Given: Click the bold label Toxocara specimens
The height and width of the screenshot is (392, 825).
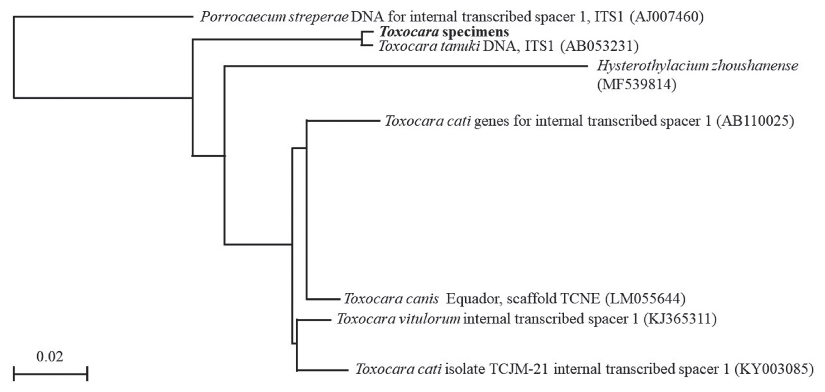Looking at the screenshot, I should click(444, 32).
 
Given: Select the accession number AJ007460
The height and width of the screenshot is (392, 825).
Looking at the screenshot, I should click(666, 17).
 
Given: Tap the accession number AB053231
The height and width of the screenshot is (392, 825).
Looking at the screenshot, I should click(599, 46).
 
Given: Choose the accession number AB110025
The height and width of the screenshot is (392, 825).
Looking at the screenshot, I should click(756, 121).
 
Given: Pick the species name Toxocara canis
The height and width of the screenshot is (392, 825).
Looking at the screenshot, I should click(391, 299).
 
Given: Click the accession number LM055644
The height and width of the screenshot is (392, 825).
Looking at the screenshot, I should click(645, 299).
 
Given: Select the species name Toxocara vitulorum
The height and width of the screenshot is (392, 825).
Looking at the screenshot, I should click(398, 319).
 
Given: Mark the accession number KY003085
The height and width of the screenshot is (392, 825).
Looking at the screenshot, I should click(774, 369).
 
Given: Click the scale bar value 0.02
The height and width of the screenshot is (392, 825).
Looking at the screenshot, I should click(50, 356).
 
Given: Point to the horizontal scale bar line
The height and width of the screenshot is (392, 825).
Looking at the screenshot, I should click(50, 374).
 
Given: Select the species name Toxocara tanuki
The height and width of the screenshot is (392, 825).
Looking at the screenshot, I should click(429, 46).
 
